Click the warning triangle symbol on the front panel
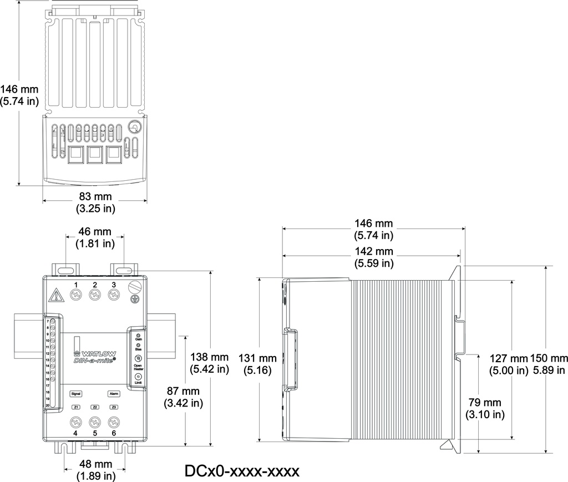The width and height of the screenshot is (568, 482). (56, 294)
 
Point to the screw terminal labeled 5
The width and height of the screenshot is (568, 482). (95, 421)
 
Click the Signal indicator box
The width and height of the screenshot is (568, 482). (76, 393)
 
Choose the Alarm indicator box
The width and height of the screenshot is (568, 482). (114, 393)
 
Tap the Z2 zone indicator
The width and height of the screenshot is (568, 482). (95, 407)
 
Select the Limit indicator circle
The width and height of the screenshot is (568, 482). (138, 377)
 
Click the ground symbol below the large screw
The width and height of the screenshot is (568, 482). (134, 300)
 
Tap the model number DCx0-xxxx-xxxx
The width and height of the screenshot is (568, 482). (242, 471)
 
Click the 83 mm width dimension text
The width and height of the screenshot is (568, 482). (95, 196)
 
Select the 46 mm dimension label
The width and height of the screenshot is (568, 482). (94, 231)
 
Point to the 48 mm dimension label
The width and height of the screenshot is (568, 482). (95, 464)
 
